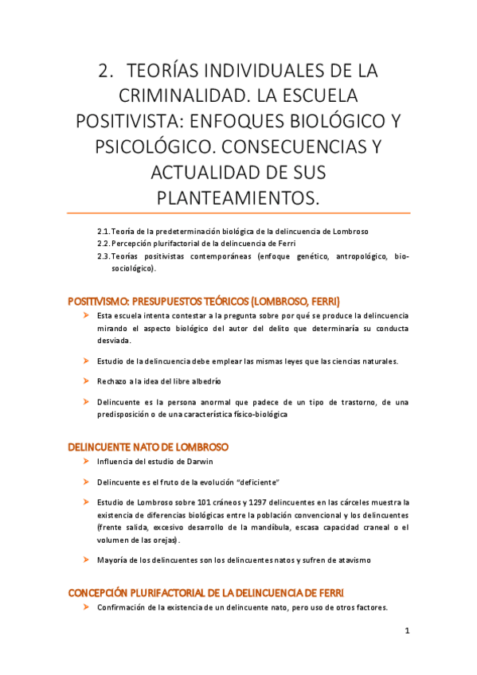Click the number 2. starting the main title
point(107,70)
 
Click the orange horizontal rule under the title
point(238,213)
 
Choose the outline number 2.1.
point(104,231)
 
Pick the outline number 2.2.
point(104,243)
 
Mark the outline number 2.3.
point(104,256)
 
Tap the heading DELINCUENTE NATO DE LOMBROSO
point(149,447)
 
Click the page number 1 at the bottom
point(406,631)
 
